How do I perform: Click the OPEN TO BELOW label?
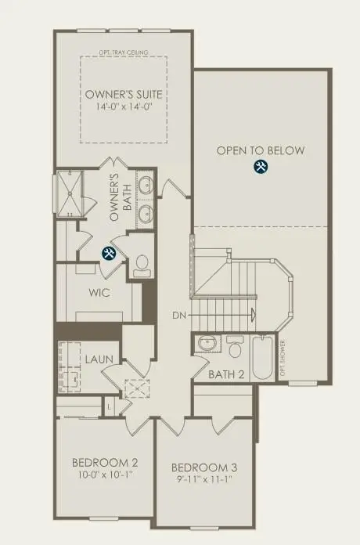point(261,150)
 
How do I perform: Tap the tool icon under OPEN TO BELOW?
point(261,167)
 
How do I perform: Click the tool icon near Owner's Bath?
point(110,252)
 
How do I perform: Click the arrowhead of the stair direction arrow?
point(252,316)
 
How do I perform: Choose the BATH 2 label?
point(227,374)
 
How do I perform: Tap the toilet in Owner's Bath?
point(142,265)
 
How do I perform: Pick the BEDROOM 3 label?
point(203,467)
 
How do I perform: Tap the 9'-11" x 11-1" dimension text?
point(203,480)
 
